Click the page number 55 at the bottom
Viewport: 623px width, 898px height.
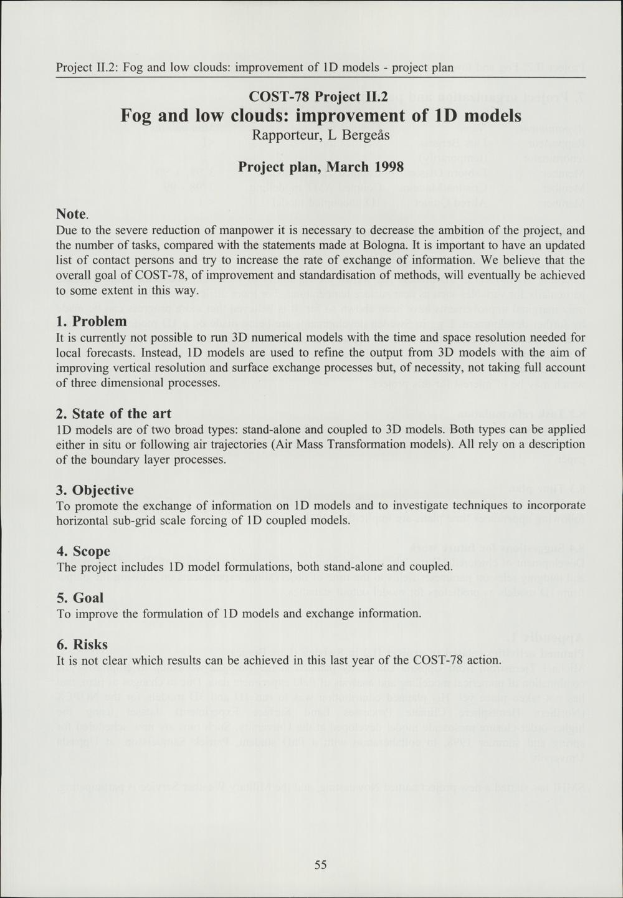coord(321,864)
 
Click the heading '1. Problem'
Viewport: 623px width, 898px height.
coord(91,322)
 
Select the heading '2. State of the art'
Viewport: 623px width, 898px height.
coord(113,414)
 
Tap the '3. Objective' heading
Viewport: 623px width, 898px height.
coord(95,490)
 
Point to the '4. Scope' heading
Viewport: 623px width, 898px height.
coord(83,552)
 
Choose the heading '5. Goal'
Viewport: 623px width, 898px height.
coord(80,598)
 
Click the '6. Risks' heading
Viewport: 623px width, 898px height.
coord(82,644)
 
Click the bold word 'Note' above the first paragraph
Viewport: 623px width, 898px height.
coord(71,214)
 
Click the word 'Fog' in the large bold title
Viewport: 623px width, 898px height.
coord(136,116)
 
